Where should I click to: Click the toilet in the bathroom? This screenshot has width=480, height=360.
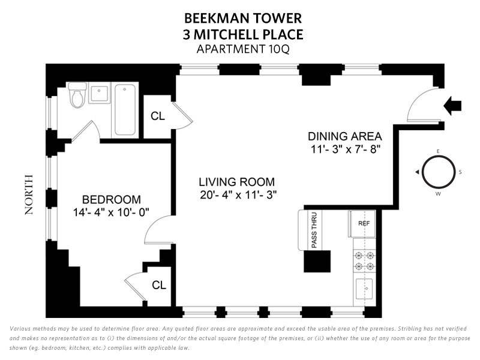tap(77, 95)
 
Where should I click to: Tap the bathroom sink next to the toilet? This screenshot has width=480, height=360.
tap(99, 93)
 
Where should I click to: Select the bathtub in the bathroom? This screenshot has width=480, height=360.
tap(125, 110)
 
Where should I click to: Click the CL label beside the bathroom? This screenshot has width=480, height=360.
tap(158, 116)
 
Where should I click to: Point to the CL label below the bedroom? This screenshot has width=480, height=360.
tap(159, 285)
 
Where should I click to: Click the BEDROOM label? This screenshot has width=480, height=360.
tap(112, 200)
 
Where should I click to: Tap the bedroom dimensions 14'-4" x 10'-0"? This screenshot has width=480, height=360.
tap(111, 212)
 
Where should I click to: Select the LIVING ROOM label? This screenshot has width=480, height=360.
tap(236, 182)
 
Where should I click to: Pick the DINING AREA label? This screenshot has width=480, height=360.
tap(344, 136)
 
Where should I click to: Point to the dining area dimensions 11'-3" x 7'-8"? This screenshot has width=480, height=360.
tap(346, 149)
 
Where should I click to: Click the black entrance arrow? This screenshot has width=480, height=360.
tap(452, 106)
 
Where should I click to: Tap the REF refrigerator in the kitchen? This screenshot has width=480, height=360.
tap(363, 223)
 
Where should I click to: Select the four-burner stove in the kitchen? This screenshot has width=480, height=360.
tap(364, 260)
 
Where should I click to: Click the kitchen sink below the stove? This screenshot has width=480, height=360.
tap(364, 289)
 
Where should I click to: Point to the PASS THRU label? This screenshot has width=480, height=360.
tap(314, 230)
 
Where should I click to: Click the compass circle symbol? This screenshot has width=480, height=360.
tap(439, 172)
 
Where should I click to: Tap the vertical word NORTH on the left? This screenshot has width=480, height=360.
tap(28, 194)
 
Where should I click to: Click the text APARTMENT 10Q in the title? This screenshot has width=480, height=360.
tap(243, 49)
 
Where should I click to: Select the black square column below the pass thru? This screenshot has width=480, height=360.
tap(317, 262)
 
